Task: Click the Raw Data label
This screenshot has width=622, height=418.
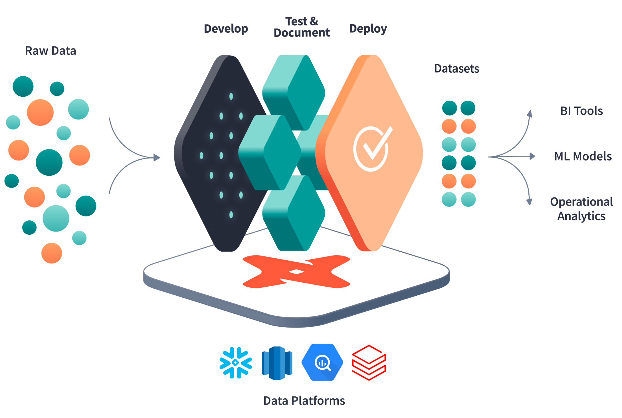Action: [x=51, y=51]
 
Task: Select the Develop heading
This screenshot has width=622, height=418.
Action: [x=226, y=29]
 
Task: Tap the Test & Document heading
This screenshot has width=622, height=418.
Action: [x=302, y=27]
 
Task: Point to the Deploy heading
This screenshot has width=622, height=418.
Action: [x=368, y=29]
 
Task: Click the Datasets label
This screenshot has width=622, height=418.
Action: [x=457, y=69]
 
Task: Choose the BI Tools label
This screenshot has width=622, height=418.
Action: [x=581, y=111]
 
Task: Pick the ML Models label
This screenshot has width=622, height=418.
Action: [x=583, y=156]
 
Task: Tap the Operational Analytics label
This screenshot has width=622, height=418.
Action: [x=581, y=209]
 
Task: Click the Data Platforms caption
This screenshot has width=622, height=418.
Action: [x=304, y=401]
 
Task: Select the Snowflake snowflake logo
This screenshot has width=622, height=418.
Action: [x=236, y=363]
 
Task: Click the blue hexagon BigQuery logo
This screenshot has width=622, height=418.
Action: [x=322, y=362]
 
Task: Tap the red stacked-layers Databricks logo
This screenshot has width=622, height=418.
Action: [x=369, y=363]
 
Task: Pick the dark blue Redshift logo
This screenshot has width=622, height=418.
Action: [x=277, y=363]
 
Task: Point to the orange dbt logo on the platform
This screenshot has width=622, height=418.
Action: [x=296, y=271]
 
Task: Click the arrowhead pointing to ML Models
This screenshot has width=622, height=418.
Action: [x=532, y=156]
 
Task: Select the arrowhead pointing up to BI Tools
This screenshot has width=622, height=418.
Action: [x=530, y=114]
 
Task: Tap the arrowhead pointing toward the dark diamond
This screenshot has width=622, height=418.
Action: [x=157, y=157]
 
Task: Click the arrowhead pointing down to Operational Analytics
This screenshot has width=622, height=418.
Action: [x=529, y=202]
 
